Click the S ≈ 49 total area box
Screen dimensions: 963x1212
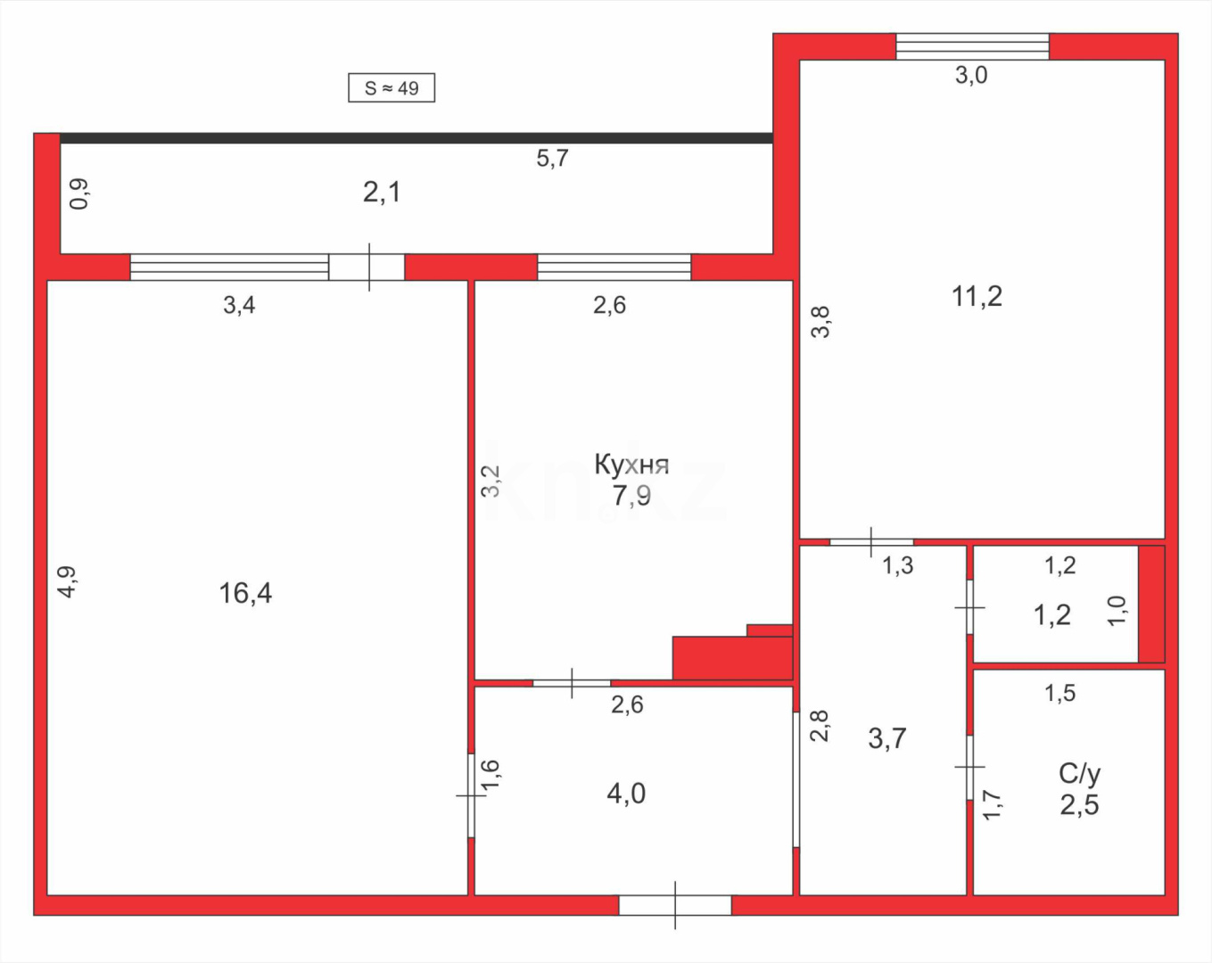point(391,88)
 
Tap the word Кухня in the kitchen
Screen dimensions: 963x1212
point(631,465)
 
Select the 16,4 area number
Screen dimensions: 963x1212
point(245,593)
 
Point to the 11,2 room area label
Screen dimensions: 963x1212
point(977,296)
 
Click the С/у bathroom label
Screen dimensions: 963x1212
point(1079,773)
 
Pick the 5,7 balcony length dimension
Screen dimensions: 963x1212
point(552,159)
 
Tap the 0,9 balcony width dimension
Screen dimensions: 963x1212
point(79,193)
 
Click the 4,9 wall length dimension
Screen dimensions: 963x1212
point(68,581)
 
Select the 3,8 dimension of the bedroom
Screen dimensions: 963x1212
point(820,322)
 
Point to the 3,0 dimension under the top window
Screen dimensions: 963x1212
point(971,76)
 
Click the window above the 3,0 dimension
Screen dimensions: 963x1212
point(972,46)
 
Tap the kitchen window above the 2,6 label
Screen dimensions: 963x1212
point(614,267)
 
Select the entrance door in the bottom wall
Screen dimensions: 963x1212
point(675,905)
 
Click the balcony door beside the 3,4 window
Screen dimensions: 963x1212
point(367,267)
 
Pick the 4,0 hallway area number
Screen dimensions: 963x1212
point(626,794)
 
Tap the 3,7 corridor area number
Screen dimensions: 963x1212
point(887,738)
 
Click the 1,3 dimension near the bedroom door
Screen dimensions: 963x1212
point(898,565)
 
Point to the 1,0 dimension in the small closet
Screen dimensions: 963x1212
point(1117,611)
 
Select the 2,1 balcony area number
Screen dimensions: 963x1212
point(382,192)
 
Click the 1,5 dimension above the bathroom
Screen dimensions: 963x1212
point(1060,693)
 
